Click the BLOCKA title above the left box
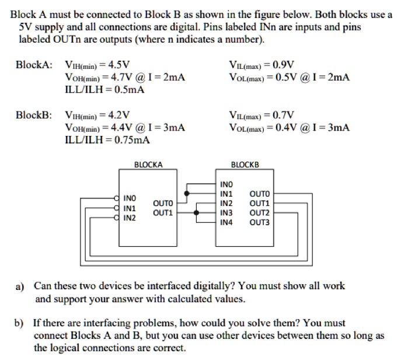(148, 165)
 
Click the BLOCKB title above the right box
(245, 165)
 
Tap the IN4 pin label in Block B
(226, 222)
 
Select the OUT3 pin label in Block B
(260, 222)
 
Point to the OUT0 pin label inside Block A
(163, 203)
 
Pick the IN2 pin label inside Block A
(130, 218)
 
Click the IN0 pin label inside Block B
(226, 184)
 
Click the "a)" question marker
(20, 286)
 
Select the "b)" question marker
(20, 323)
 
